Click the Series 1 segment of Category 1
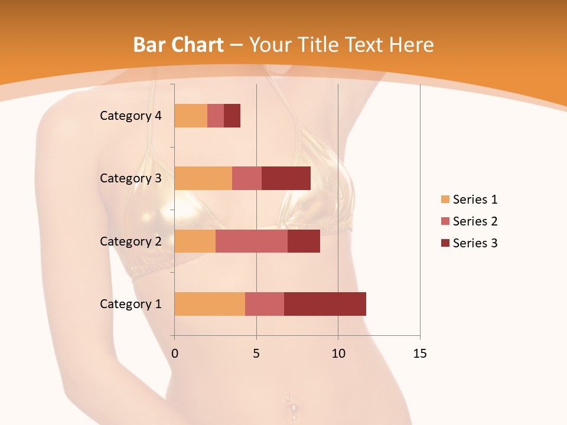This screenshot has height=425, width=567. tap(210, 304)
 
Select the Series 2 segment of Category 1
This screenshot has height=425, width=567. tap(265, 304)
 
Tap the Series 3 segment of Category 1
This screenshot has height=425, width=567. tap(325, 304)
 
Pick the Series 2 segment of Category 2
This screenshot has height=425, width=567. tap(252, 241)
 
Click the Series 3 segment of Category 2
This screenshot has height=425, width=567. tap(304, 241)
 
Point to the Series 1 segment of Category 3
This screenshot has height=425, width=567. tap(203, 178)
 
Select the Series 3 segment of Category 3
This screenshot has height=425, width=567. tap(286, 178)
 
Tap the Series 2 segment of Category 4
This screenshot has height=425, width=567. tap(216, 116)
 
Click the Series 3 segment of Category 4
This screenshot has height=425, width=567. tap(232, 116)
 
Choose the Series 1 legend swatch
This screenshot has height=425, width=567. tap(445, 200)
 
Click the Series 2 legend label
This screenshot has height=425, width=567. tap(475, 221)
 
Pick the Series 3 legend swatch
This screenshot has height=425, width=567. tap(445, 243)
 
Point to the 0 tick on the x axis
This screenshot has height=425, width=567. tap(175, 354)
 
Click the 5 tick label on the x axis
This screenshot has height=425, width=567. tap(256, 354)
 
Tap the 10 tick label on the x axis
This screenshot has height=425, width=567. tap(338, 354)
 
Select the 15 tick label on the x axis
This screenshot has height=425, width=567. tap(419, 354)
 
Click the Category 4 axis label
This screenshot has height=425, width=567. tap(131, 116)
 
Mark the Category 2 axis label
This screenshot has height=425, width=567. tap(131, 241)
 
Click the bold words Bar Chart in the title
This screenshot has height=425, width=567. tap(178, 44)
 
